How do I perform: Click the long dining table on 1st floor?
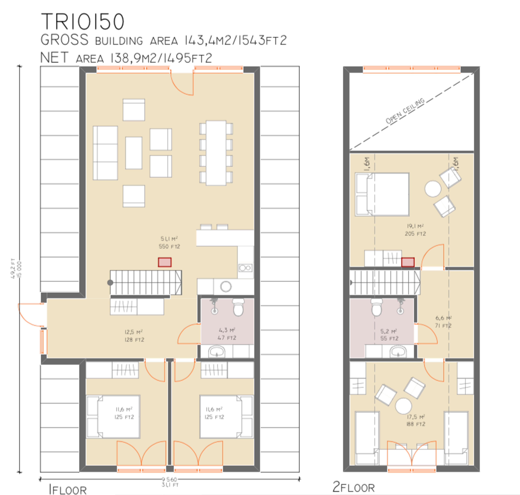pos(216,153)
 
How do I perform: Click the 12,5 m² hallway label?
pos(134,336)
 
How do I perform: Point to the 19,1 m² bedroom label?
pos(415,230)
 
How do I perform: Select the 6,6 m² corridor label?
pos(443,322)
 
